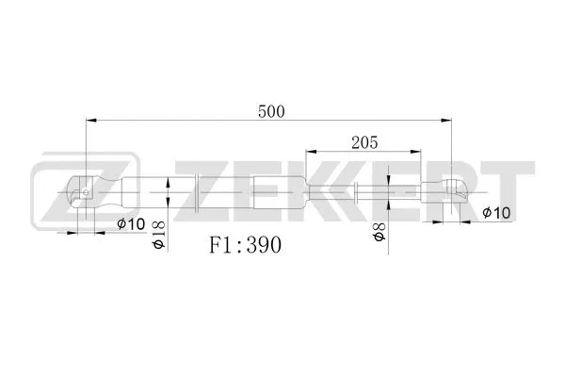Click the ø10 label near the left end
(130, 223)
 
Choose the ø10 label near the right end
(495, 213)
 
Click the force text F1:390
(245, 243)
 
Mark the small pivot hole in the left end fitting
(86, 195)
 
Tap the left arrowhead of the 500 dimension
(90, 121)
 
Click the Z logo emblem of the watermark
(62, 192)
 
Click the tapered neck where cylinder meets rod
(311, 192)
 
